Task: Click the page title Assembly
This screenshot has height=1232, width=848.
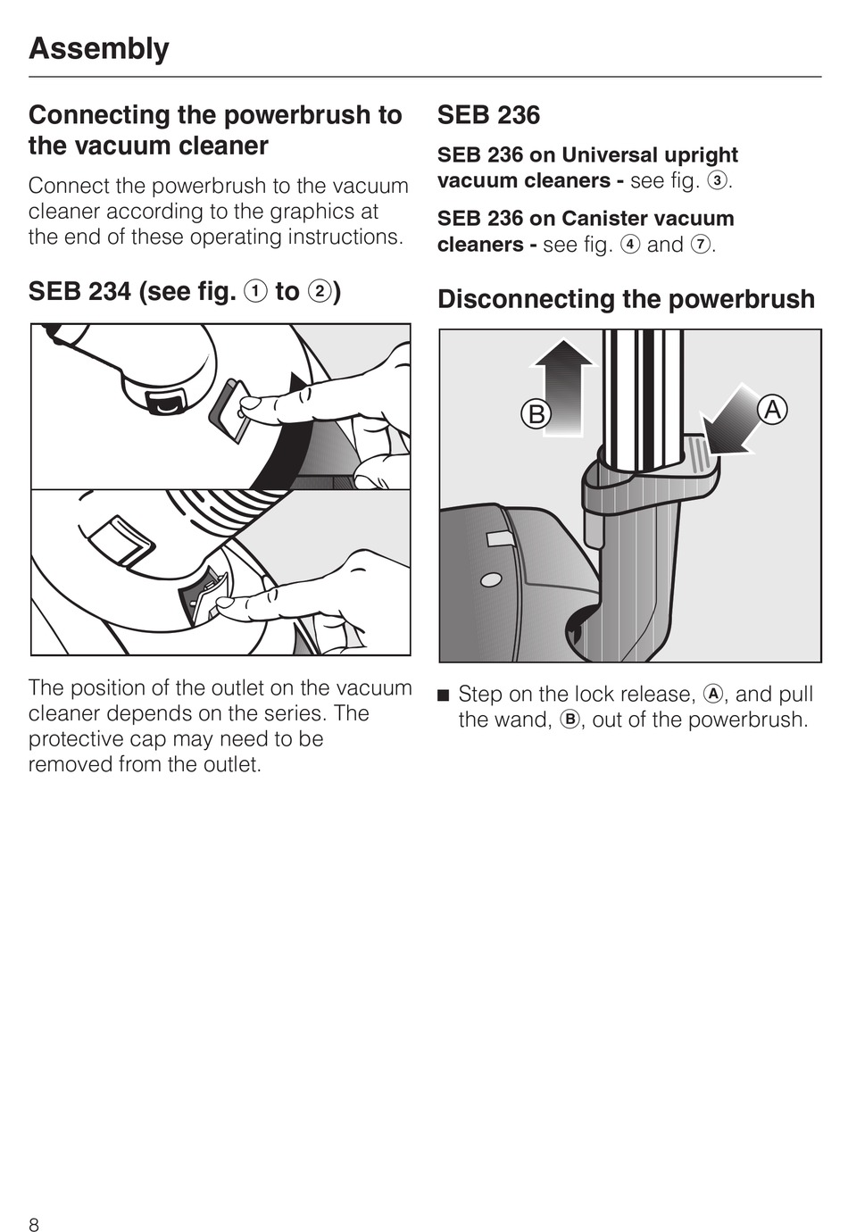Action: pyautogui.click(x=99, y=49)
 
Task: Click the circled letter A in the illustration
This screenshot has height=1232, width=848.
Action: pyautogui.click(x=773, y=411)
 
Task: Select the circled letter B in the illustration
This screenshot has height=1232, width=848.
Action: pyautogui.click(x=536, y=414)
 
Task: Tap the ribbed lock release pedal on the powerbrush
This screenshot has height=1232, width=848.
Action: pyautogui.click(x=702, y=453)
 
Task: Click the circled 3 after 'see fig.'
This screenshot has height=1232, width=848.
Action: pyautogui.click(x=717, y=181)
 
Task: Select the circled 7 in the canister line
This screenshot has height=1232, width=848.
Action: pyautogui.click(x=701, y=245)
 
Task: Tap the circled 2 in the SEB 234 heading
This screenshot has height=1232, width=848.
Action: pyautogui.click(x=319, y=292)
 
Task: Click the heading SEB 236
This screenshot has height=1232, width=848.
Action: pyautogui.click(x=488, y=115)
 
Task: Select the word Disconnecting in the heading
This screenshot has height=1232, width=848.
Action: pyautogui.click(x=525, y=299)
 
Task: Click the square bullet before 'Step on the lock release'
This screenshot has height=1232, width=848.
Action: pyautogui.click(x=444, y=695)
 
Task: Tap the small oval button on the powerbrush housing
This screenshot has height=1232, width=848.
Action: pyautogui.click(x=491, y=579)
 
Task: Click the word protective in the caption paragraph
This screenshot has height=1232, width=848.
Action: pyautogui.click(x=77, y=739)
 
